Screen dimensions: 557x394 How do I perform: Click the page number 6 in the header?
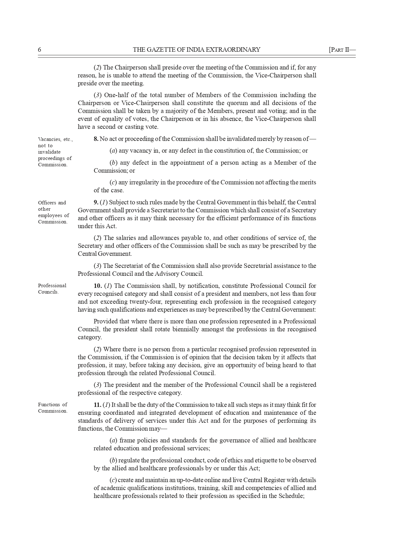point(40,50)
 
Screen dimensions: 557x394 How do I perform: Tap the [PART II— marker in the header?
point(342,50)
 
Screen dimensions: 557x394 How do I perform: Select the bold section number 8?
point(96,139)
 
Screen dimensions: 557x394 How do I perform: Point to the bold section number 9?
point(96,202)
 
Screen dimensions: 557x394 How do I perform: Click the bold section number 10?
point(98,286)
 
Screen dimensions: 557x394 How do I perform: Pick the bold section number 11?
point(97,405)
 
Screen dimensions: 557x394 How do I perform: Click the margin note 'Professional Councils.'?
point(52,289)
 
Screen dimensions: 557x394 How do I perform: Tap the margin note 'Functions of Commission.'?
point(53,408)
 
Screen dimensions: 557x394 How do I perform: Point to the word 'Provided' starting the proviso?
point(104,322)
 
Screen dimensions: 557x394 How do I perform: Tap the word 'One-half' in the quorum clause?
point(115,95)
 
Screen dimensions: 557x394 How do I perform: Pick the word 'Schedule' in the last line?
point(291,496)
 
